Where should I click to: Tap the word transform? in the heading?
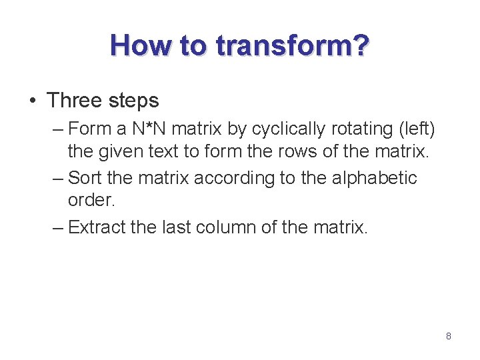point(292,45)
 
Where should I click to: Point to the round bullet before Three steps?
point(33,101)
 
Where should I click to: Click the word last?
point(173,228)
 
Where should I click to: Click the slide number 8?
point(449,337)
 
